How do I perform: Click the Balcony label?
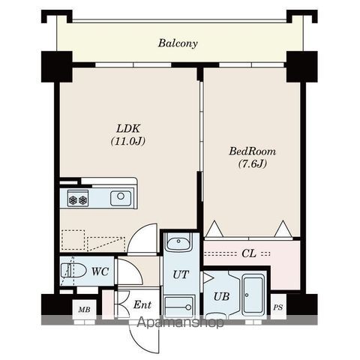click(x=178, y=43)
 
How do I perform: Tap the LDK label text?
click(x=128, y=129)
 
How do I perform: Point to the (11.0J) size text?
click(x=128, y=141)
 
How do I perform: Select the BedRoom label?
click(x=253, y=151)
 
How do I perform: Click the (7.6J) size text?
click(x=253, y=164)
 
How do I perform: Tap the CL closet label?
click(x=249, y=253)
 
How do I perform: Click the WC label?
click(x=100, y=271)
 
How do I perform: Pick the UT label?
click(x=181, y=274)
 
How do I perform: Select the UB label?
click(x=221, y=297)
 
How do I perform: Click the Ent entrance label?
click(x=142, y=304)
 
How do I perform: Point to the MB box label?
click(x=84, y=310)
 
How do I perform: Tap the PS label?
click(x=278, y=307)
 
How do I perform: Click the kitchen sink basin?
click(x=121, y=198)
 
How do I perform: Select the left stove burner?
click(x=73, y=199)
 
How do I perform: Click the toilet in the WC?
click(x=73, y=271)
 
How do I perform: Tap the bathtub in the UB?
click(x=253, y=295)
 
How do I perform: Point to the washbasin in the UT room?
click(x=178, y=242)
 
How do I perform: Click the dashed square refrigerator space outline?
click(x=73, y=240)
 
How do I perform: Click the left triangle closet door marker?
click(x=214, y=229)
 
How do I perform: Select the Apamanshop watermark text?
click(x=181, y=322)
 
